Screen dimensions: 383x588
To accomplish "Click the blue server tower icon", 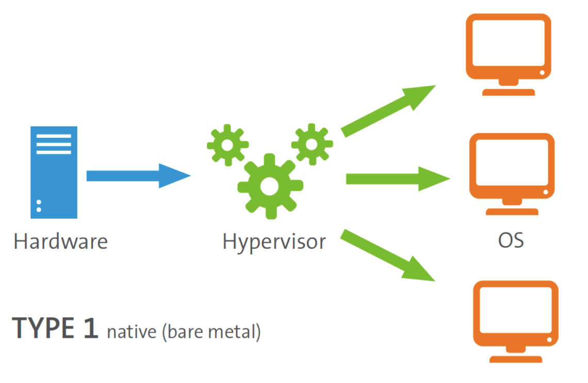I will [x=54, y=172].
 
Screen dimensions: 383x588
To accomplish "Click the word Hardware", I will [x=61, y=242].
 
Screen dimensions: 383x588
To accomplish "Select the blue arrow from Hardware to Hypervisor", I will [x=137, y=175].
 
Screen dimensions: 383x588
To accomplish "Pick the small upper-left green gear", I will [x=227, y=145].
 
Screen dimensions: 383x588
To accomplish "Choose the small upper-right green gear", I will [x=312, y=144].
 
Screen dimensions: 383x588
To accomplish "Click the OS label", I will [x=511, y=241].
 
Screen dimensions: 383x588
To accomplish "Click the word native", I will [x=132, y=331].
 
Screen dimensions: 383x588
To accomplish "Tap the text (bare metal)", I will [x=211, y=331].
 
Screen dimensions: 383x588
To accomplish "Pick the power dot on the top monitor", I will [x=542, y=73].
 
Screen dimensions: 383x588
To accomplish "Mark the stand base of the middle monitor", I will [x=512, y=212].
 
